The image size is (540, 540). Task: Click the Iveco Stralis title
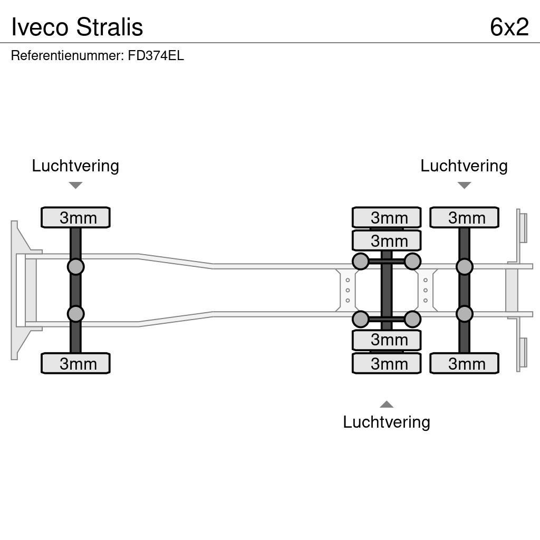tap(77, 26)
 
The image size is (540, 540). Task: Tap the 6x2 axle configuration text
tap(509, 26)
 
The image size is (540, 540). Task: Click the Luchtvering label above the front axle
tap(75, 166)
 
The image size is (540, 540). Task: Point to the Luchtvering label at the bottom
tap(387, 422)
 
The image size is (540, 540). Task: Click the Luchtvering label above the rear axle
tap(464, 166)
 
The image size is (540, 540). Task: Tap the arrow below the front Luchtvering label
tap(75, 185)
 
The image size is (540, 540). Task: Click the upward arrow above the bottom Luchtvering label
tap(387, 404)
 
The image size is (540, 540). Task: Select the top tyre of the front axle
tap(75, 217)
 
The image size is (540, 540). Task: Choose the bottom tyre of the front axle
tap(75, 363)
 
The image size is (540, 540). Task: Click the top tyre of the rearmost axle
tap(464, 217)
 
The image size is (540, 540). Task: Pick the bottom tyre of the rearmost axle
tap(464, 363)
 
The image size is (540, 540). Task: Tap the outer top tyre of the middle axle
tap(387, 217)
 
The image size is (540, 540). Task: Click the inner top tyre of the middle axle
tap(387, 240)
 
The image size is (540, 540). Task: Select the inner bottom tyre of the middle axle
tap(387, 340)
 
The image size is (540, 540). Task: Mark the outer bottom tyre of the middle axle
tap(387, 363)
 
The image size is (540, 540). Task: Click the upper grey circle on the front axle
tap(75, 266)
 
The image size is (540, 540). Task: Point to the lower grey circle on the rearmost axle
tap(464, 314)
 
